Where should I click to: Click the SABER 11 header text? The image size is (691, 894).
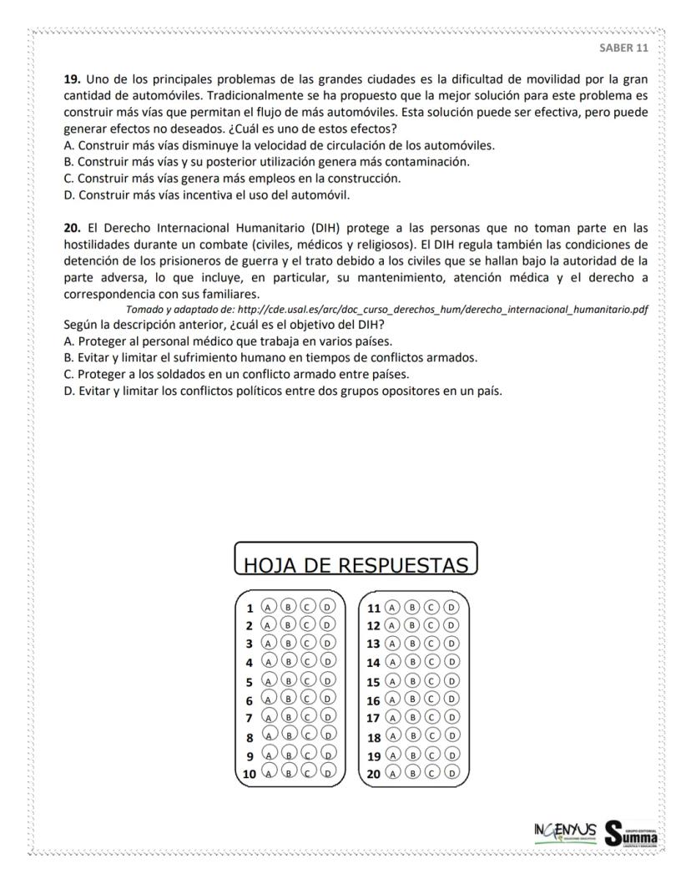[x=623, y=48]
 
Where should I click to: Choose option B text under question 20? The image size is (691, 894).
[x=270, y=357]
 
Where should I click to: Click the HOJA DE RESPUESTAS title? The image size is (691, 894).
[x=356, y=565]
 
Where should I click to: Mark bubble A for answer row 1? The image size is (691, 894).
[x=269, y=607]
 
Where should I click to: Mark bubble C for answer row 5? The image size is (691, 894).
[x=308, y=680]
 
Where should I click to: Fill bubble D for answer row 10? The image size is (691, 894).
[x=328, y=773]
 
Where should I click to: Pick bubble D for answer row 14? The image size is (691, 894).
[x=451, y=662]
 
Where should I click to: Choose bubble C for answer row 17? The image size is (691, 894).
[x=432, y=717]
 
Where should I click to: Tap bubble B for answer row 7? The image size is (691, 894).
[x=288, y=717]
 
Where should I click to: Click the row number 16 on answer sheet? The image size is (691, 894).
[x=374, y=700]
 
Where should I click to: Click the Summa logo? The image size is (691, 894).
[x=631, y=832]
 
